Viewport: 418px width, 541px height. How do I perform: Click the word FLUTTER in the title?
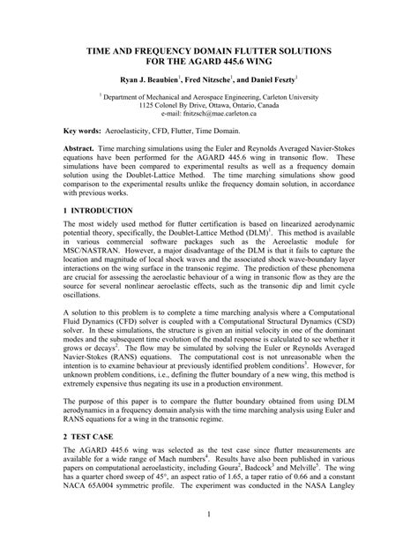coord(245,53)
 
